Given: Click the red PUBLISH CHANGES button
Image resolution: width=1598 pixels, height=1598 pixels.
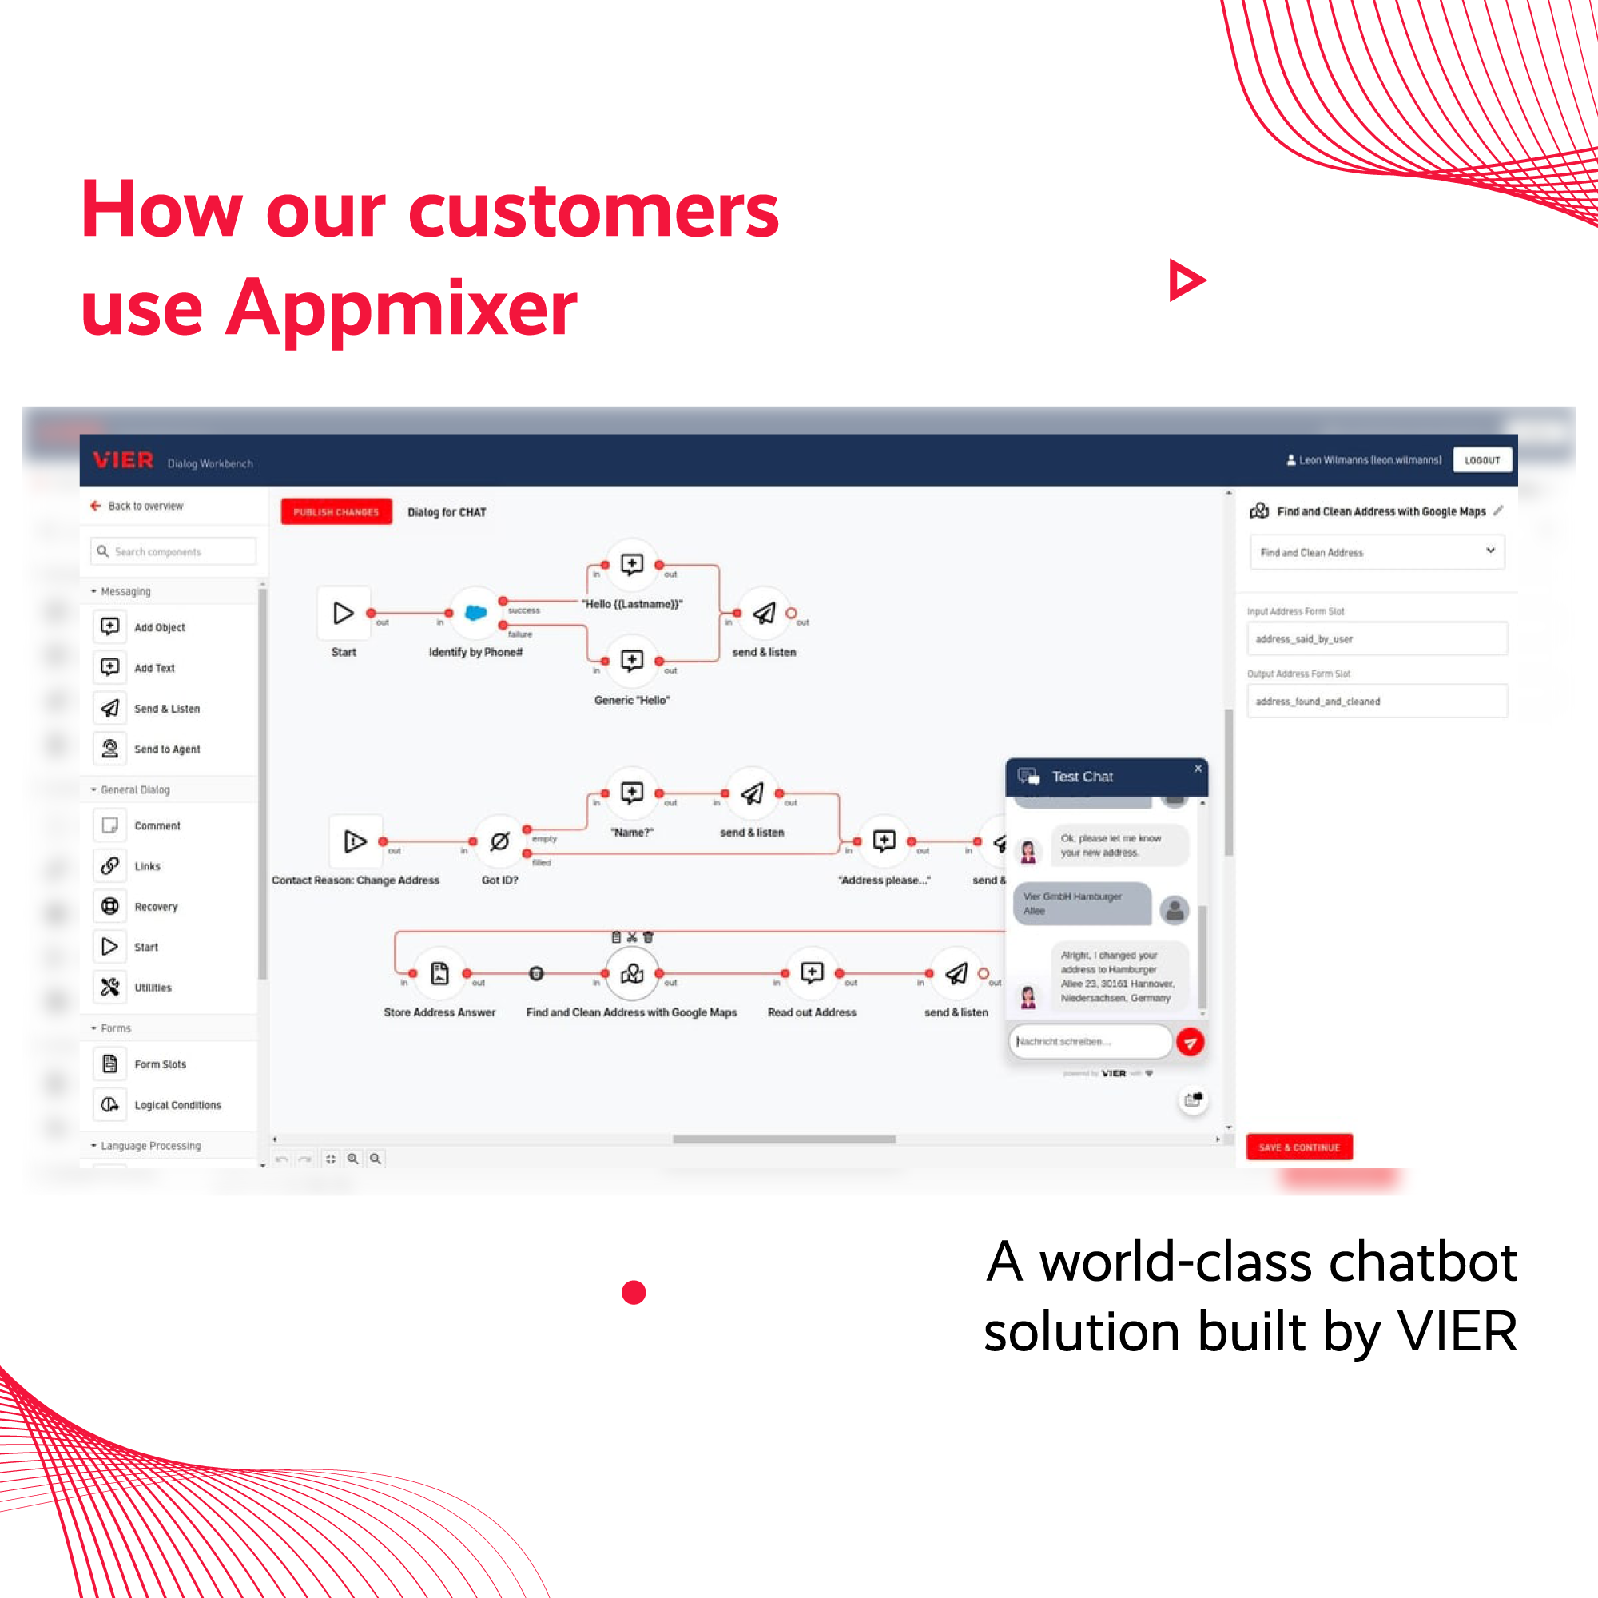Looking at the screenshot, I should (x=336, y=512).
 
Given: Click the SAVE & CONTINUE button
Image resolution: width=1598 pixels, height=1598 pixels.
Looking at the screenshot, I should (x=1298, y=1147).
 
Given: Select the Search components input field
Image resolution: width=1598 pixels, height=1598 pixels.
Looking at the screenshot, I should (x=173, y=551).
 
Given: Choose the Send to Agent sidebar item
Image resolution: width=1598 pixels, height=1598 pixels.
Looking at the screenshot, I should (x=165, y=749).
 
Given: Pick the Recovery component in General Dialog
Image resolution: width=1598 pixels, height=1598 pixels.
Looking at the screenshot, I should (x=156, y=907).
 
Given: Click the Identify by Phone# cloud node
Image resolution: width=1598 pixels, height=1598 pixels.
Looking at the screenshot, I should (x=475, y=613).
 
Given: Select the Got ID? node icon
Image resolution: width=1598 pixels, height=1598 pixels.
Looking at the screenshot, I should (x=499, y=842).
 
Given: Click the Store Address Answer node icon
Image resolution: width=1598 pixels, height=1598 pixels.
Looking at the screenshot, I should (x=440, y=973).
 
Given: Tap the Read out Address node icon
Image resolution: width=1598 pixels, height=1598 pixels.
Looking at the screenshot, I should (x=813, y=973).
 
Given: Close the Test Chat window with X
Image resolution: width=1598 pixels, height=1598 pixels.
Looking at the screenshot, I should (x=1198, y=769).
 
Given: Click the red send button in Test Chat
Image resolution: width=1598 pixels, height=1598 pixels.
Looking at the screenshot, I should (x=1190, y=1042).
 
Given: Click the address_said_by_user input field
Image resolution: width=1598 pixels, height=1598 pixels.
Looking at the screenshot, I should (x=1377, y=639).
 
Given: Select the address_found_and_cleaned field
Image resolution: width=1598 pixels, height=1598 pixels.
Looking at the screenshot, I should (x=1377, y=702).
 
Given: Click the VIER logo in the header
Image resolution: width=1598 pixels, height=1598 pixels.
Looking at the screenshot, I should (x=123, y=461).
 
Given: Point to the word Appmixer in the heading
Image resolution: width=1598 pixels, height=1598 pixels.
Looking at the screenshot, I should (x=400, y=308).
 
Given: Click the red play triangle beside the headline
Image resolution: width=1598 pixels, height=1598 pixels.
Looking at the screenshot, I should (x=1186, y=280).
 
